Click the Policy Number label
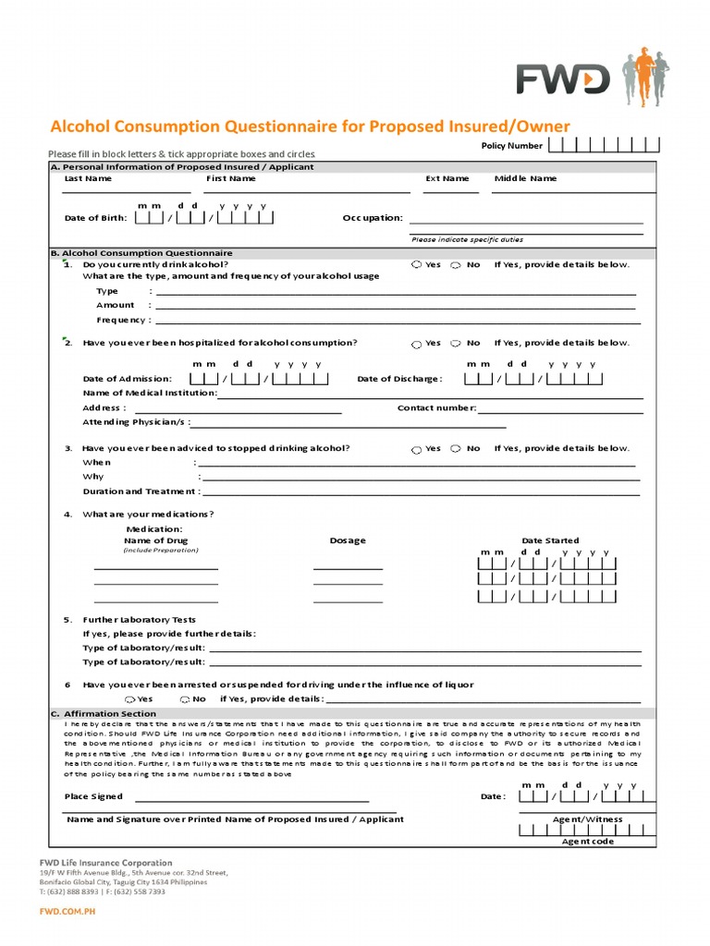511,146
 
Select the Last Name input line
126,190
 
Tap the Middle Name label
525,178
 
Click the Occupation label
373,218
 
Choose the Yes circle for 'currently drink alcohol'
417,265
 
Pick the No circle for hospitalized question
456,344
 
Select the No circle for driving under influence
185,699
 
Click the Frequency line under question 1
398,321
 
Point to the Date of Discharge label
399,379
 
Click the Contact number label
436,407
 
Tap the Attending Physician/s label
136,422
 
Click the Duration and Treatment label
141,491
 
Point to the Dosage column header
348,540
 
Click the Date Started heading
550,540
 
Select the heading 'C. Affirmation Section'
104,714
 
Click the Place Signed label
92,796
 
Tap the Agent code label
587,842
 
